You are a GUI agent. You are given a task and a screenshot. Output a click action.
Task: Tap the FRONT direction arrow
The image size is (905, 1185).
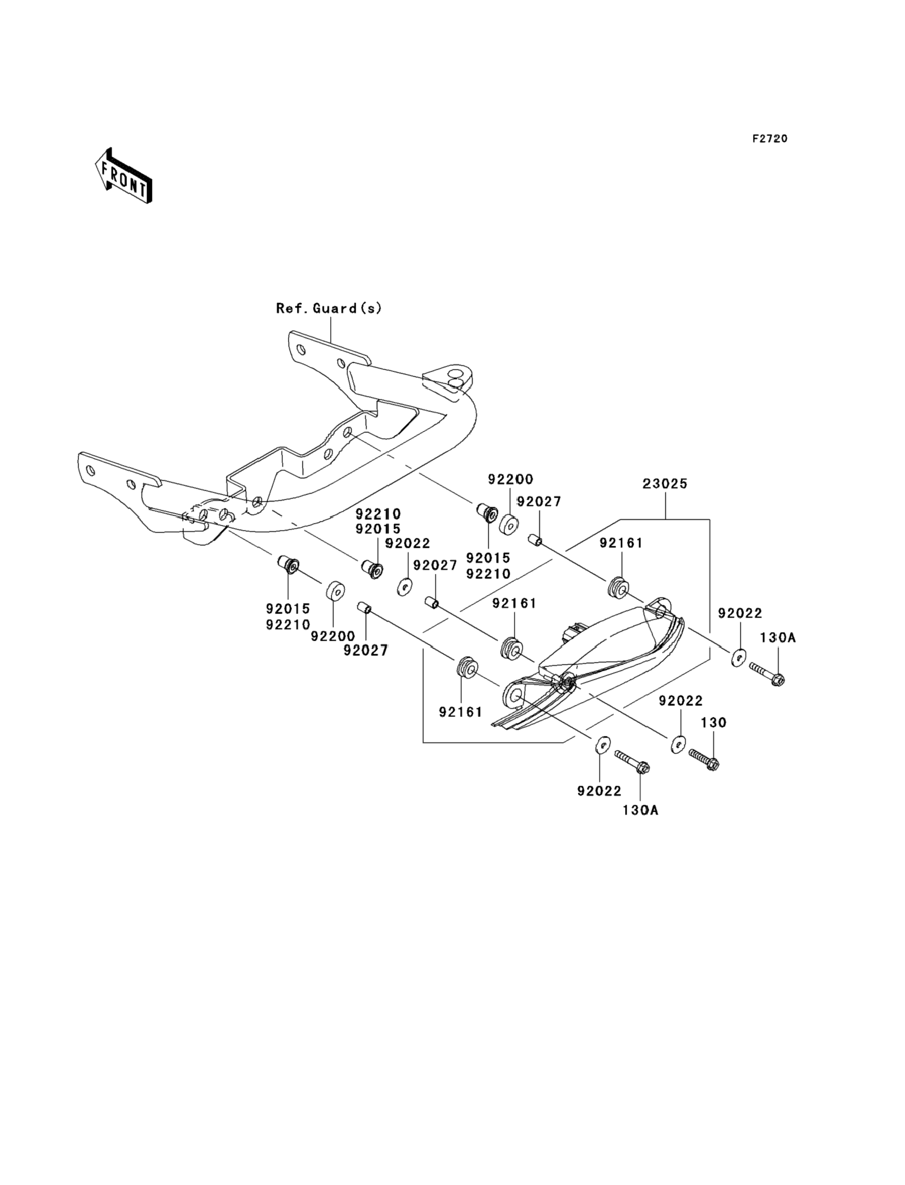click(123, 176)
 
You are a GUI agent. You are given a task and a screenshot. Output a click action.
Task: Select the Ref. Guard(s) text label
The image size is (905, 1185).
click(329, 308)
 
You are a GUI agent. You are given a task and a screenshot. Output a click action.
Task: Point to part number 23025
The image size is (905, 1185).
click(665, 484)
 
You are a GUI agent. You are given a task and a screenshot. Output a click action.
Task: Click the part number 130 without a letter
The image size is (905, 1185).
click(714, 723)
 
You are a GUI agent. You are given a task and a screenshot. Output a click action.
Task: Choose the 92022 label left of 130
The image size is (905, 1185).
click(681, 701)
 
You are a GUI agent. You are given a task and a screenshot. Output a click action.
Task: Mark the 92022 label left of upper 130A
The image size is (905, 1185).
click(739, 613)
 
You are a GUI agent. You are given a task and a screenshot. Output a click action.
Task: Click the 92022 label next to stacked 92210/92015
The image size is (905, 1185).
click(408, 543)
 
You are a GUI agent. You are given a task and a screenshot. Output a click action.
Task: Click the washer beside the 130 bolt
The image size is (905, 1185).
click(678, 746)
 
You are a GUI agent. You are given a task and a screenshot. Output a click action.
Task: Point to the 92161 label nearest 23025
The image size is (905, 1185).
click(621, 543)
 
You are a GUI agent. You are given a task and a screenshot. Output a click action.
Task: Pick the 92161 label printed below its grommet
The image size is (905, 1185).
click(461, 712)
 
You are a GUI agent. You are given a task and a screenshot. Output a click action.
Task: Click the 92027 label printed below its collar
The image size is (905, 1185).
click(366, 651)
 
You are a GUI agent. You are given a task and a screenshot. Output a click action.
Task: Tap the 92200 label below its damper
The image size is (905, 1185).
click(333, 636)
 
